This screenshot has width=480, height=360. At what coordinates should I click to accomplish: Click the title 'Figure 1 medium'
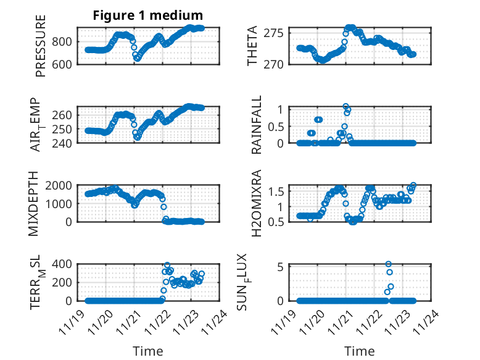click(148, 15)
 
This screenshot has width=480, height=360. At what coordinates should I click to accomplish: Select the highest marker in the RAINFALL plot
click(346, 107)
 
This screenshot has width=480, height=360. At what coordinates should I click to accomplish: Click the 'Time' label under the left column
click(148, 351)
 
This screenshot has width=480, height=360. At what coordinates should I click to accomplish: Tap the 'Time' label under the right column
click(360, 351)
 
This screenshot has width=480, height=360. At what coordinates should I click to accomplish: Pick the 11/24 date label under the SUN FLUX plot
click(425, 322)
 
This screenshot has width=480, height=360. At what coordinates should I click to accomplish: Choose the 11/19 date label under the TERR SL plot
click(73, 322)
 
